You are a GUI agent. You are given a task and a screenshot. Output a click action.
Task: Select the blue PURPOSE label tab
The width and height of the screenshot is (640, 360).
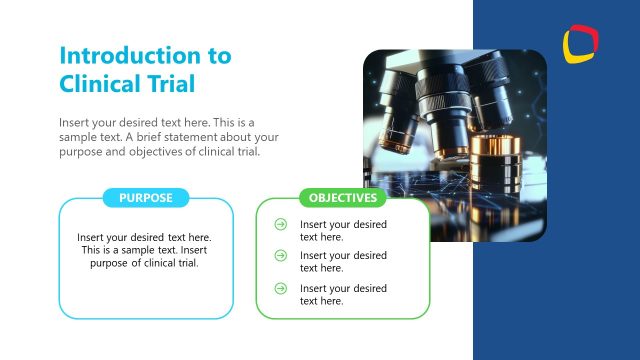click(146, 198)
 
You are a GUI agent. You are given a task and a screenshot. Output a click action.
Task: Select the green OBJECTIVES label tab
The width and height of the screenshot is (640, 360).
click(343, 198)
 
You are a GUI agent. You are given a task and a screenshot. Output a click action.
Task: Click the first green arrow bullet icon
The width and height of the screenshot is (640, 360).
click(281, 225)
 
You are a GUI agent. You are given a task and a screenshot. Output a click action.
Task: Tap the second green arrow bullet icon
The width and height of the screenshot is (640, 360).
click(281, 256)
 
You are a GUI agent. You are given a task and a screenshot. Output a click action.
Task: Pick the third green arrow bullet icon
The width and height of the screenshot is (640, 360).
click(281, 289)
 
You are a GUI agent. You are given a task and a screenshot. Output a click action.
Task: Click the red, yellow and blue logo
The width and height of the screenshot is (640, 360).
click(581, 43)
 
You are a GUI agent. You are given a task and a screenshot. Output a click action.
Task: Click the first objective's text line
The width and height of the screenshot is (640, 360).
click(343, 231)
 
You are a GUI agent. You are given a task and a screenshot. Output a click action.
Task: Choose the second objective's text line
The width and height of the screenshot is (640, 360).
click(343, 262)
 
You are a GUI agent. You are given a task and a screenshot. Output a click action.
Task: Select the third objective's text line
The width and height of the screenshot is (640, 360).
click(343, 295)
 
